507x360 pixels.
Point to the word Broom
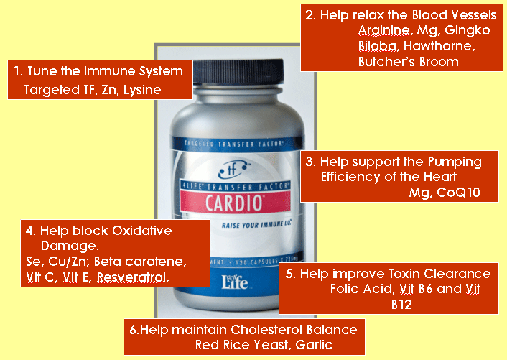point(436,63)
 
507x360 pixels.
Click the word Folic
point(346,290)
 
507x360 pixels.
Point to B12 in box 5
point(402,305)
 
